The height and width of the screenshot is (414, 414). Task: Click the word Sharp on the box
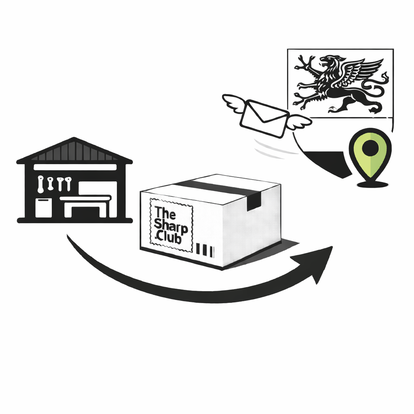click(x=171, y=227)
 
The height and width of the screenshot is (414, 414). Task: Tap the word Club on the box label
click(x=169, y=239)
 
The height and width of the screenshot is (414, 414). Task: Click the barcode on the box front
click(x=206, y=250)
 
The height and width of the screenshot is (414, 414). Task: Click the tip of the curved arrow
click(x=332, y=247)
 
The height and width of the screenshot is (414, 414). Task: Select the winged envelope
click(x=267, y=116)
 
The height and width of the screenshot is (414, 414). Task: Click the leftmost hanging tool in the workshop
click(x=41, y=184)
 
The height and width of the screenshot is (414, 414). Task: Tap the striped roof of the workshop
click(x=74, y=151)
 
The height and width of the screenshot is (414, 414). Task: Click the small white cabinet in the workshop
click(x=44, y=208)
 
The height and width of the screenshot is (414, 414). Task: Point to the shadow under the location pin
click(x=372, y=184)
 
